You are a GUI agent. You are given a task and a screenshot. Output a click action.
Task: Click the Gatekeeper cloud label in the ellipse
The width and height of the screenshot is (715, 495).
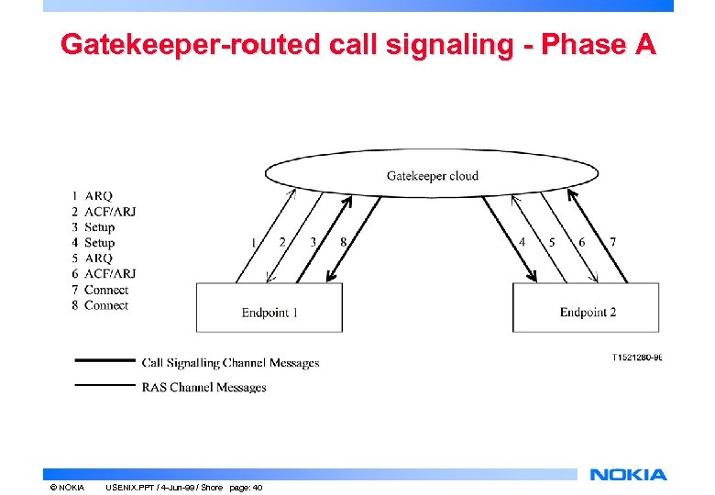[x=432, y=175]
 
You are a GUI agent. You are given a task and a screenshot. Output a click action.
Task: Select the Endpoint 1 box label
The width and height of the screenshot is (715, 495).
[x=269, y=313]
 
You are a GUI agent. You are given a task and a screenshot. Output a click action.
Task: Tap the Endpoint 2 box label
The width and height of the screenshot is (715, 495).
[x=588, y=313]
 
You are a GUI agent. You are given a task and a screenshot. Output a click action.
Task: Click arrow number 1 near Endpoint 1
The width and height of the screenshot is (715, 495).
[x=253, y=242]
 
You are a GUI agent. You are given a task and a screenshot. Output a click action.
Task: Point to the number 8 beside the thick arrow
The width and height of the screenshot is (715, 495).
[x=343, y=242]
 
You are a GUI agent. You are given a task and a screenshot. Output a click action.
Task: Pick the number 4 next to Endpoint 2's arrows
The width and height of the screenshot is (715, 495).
[x=522, y=242]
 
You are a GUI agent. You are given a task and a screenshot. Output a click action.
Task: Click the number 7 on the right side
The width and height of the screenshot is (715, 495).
[x=612, y=242]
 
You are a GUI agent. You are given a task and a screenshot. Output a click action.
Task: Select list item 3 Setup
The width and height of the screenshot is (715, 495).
[x=93, y=227]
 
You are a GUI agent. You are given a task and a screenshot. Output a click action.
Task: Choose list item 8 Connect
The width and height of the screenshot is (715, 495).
[x=100, y=305]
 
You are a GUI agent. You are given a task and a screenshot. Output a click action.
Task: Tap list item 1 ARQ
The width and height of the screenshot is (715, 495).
[x=93, y=195]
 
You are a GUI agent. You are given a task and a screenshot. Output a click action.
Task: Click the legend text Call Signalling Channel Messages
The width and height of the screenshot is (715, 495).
[x=230, y=363]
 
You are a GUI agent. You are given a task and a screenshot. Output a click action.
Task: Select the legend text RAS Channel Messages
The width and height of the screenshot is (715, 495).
[x=203, y=388]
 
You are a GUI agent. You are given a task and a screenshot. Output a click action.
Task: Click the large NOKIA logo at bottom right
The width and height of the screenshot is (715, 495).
[x=628, y=474]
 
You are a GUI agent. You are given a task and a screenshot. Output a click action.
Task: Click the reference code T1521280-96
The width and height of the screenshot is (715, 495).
[x=636, y=357]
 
